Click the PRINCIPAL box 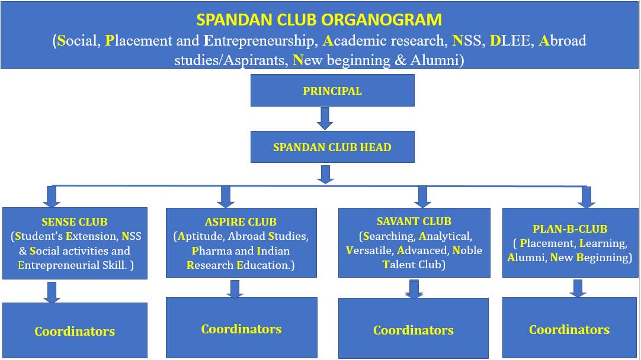coord(332,91)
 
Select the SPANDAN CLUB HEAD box coord(332,147)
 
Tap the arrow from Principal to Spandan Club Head coord(325,118)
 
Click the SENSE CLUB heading coord(75,222)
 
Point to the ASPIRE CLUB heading coord(241,222)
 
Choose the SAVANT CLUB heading coord(414,221)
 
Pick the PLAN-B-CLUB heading coord(570,229)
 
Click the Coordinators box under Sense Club coord(75,330)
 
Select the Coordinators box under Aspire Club coord(241,327)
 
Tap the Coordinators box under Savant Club coord(414,328)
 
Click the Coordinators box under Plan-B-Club coord(569,327)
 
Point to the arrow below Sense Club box coord(52,292)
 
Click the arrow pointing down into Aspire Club coord(226,197)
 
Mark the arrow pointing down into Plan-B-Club coord(586,197)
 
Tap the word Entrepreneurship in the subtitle coord(261,40)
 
